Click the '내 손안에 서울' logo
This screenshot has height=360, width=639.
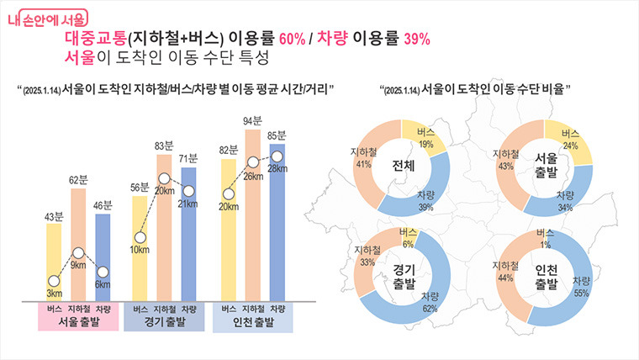(48, 19)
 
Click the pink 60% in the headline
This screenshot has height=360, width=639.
(293, 39)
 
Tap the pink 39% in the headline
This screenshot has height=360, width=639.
(417, 39)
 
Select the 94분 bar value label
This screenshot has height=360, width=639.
(253, 120)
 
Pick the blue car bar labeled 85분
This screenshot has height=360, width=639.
(277, 223)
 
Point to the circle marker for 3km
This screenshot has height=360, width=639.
(54, 281)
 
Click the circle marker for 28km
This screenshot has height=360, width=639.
(277, 156)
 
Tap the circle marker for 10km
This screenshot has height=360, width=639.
(140, 237)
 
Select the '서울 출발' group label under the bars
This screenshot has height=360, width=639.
(79, 322)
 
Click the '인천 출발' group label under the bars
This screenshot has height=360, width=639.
(253, 322)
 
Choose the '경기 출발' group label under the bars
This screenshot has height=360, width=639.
(165, 322)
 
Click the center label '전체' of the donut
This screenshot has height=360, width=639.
(403, 166)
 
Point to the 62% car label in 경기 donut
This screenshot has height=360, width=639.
(430, 309)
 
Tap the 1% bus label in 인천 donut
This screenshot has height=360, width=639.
(546, 245)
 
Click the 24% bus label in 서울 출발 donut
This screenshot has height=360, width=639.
(571, 146)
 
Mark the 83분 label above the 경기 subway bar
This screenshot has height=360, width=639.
(164, 146)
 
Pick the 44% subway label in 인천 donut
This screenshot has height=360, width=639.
(505, 278)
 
